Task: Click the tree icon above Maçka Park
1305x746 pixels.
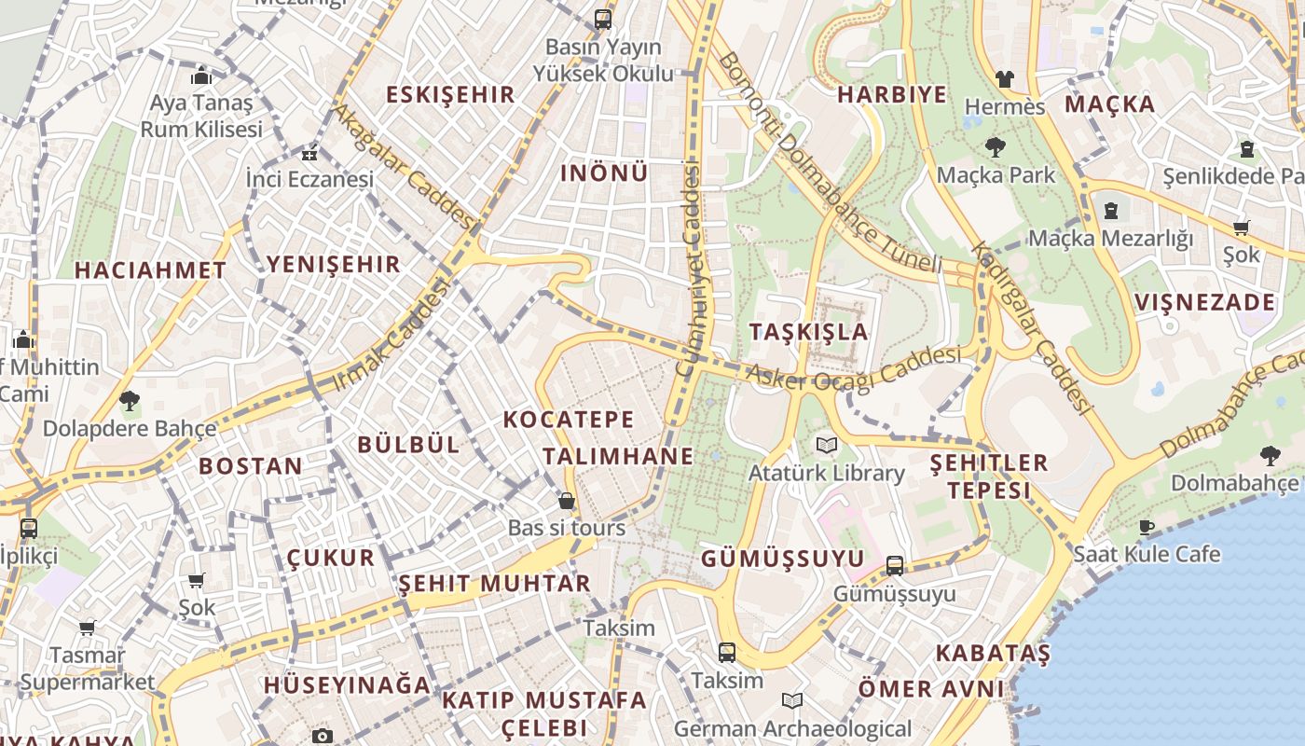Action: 995,146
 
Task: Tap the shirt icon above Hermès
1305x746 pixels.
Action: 1004,78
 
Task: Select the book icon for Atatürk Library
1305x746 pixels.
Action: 826,445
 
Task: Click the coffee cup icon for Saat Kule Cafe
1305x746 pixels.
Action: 1146,527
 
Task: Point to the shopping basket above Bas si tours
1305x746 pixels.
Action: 566,501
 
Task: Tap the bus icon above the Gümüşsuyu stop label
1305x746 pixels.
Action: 894,564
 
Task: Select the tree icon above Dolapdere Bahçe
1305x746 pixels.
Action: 129,401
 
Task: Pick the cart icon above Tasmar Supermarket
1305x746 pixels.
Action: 88,628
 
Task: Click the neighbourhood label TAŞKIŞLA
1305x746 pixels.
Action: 808,332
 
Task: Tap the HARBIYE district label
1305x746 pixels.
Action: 891,94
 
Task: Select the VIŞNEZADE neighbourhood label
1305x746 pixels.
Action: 1204,302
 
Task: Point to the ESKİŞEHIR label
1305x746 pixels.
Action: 450,94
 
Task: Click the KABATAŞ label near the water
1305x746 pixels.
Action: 993,652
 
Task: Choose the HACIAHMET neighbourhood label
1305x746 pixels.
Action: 150,270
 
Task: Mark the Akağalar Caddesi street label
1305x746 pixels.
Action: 404,166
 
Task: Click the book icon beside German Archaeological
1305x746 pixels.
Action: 792,700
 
